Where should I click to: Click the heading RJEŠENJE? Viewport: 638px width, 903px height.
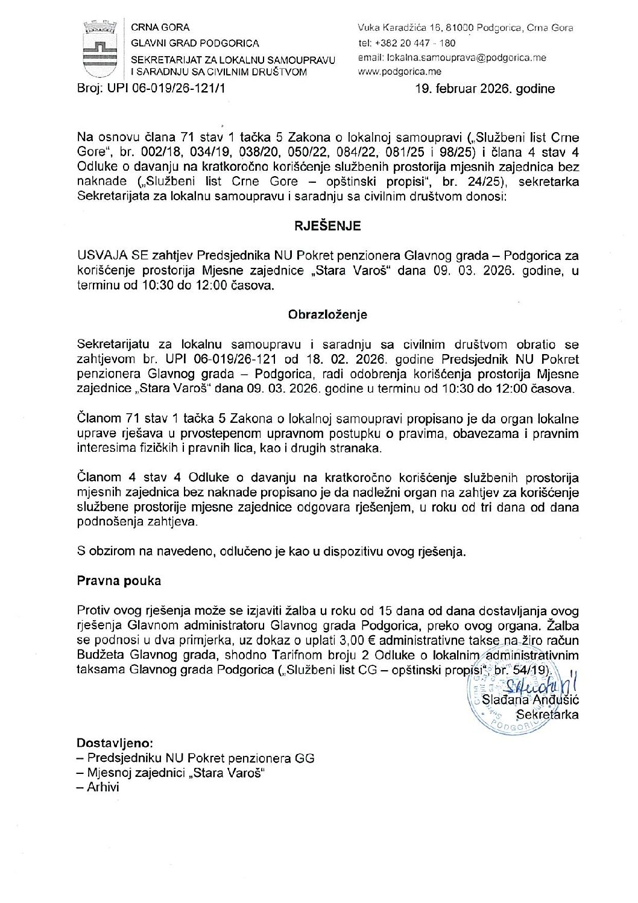[x=327, y=226]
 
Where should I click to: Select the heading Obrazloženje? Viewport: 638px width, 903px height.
[x=327, y=315]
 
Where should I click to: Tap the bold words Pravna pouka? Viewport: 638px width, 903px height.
[x=119, y=581]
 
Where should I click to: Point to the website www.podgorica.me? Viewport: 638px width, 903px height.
[x=399, y=72]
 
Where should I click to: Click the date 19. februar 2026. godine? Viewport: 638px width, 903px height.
[x=484, y=89]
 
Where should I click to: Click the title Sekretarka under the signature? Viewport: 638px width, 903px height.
[x=548, y=715]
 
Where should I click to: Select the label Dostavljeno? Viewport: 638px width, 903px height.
[x=115, y=743]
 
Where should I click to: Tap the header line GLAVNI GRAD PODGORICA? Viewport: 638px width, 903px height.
[x=195, y=43]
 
